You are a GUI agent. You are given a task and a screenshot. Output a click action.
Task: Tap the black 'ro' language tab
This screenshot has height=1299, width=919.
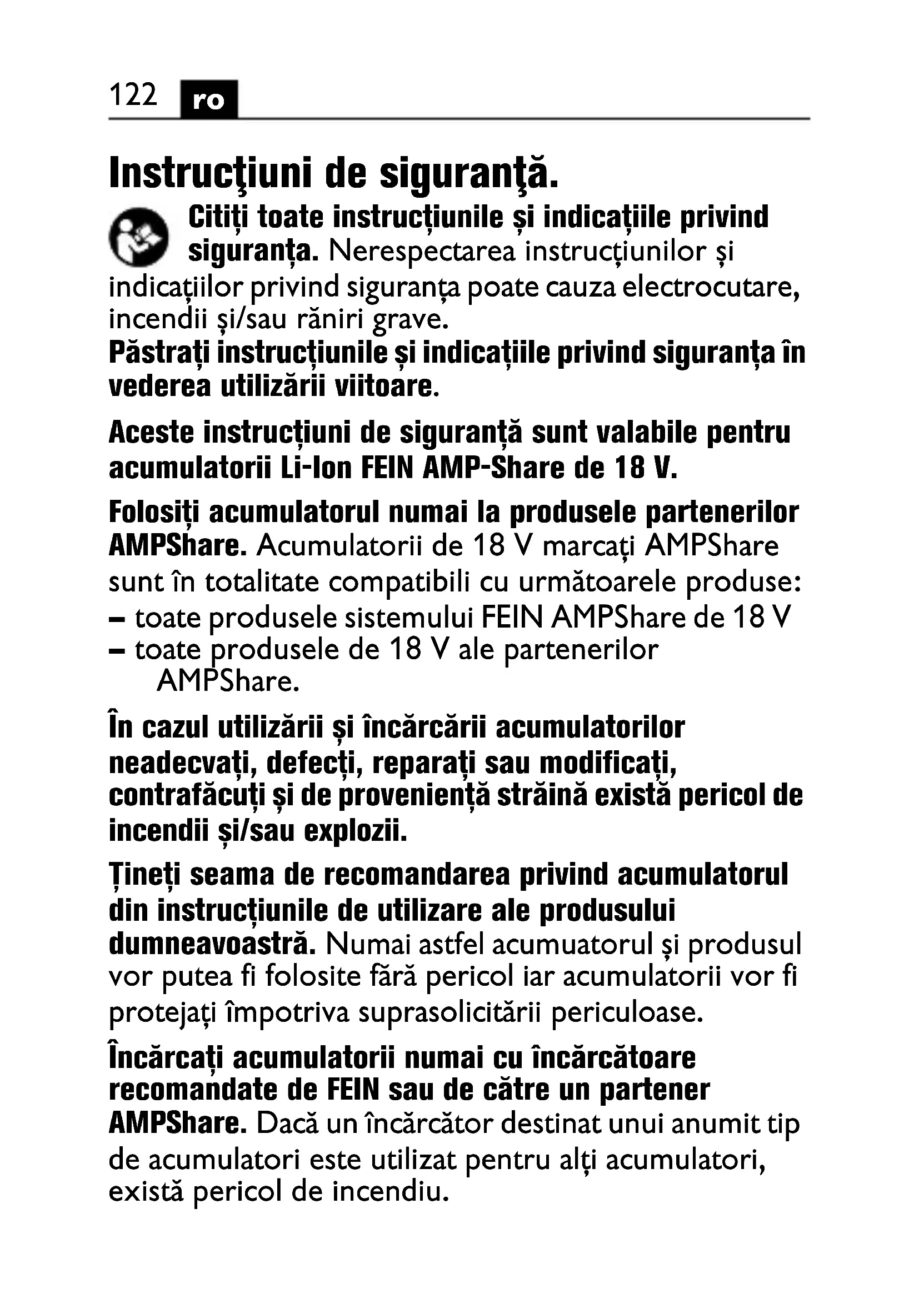[209, 100]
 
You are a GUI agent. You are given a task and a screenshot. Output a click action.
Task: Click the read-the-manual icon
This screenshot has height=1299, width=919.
[139, 237]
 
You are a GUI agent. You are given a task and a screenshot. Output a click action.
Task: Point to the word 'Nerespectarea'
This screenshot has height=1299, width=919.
[422, 251]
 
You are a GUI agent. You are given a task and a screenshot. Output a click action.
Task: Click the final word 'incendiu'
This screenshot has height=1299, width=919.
[391, 1192]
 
